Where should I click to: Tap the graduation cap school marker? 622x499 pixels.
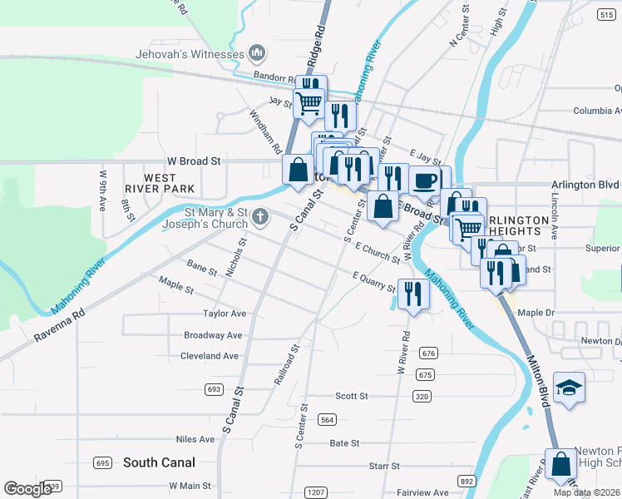569,387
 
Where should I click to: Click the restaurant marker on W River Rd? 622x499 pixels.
412,294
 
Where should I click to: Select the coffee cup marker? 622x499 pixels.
425,180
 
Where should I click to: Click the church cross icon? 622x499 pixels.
259,219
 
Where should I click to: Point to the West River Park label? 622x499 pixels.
159,184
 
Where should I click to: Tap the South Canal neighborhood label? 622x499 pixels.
159,462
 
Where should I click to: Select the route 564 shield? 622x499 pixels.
327,419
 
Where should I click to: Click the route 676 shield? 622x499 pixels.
428,353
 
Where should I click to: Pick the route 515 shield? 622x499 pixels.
605,14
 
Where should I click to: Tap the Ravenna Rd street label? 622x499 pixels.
61,327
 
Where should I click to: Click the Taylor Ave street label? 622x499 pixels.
225,314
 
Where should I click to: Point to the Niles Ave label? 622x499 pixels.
195,439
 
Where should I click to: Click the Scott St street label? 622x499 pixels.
351,396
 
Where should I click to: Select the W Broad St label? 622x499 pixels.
194,161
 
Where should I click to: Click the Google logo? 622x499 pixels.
27,489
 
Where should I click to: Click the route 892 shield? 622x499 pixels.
466,481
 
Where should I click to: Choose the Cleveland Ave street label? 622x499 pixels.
209,356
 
